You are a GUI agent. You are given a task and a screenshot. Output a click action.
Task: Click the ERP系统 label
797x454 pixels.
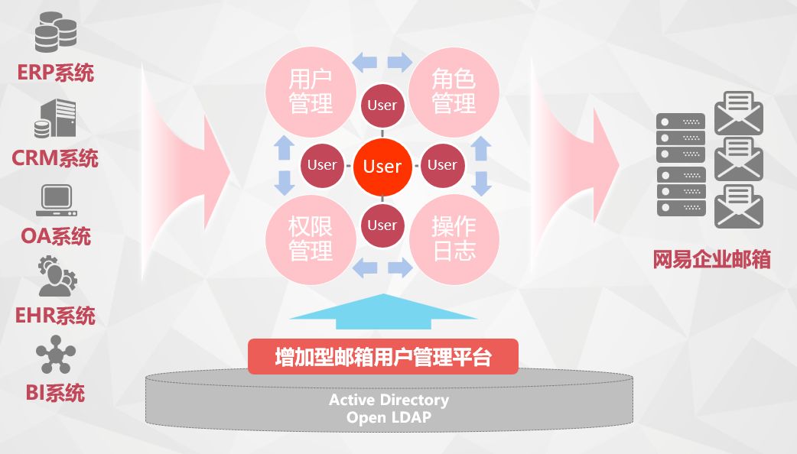click(55, 73)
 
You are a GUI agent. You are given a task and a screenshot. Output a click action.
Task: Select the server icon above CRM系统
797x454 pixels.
click(55, 118)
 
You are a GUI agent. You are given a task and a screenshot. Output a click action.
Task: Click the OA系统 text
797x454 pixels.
click(55, 235)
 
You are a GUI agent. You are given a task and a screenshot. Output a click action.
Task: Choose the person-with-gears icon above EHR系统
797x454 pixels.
click(56, 277)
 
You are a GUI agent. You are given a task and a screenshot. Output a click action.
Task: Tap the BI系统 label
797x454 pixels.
click(55, 393)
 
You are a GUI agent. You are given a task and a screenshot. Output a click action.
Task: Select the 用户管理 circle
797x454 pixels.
click(310, 92)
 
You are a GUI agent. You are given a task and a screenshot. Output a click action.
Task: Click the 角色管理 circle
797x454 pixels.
click(454, 92)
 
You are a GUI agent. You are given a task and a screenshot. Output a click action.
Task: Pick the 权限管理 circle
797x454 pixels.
click(310, 238)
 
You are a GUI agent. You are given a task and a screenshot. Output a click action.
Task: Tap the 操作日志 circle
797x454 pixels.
click(454, 238)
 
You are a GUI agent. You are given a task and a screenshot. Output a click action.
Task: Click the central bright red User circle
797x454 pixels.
click(382, 166)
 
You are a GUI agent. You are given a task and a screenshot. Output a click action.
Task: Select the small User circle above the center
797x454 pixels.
click(382, 105)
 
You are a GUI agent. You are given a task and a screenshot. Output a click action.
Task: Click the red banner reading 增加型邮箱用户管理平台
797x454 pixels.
click(382, 357)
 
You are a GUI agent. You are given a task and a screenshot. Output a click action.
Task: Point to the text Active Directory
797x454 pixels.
click(389, 400)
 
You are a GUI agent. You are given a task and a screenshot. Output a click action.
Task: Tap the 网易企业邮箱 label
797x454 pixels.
click(711, 259)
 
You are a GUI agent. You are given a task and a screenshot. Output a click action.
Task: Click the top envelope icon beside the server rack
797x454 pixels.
click(738, 113)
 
